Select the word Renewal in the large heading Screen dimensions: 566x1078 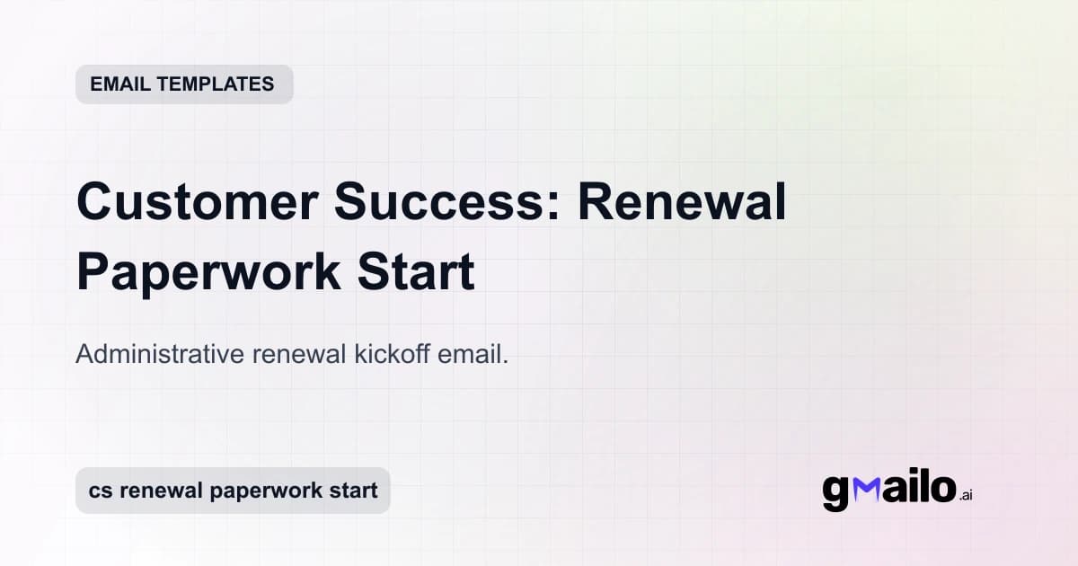(682, 203)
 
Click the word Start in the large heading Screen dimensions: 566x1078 (422, 273)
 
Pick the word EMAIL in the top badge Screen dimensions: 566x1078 (120, 84)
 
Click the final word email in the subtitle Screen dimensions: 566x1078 (473, 355)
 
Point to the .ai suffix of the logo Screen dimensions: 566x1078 (966, 495)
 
